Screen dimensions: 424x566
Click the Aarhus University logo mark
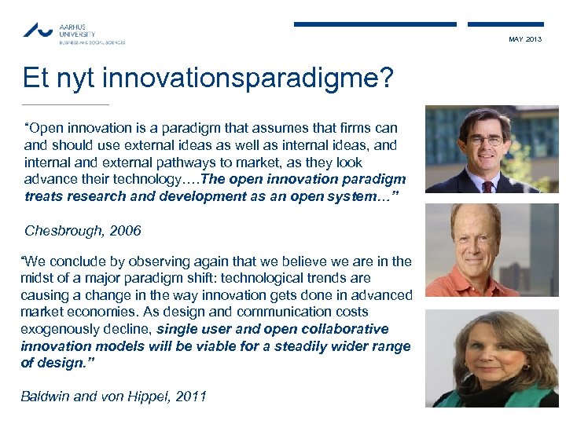tap(39, 31)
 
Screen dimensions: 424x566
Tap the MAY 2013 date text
tap(524, 39)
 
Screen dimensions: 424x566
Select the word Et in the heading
tap(36, 79)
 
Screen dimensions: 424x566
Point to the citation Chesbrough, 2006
tap(83, 231)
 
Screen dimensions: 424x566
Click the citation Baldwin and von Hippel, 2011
tap(113, 397)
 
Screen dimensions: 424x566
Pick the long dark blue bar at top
tap(375, 24)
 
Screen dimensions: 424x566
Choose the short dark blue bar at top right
tap(505, 24)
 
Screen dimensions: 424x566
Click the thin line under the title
tap(66, 104)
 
